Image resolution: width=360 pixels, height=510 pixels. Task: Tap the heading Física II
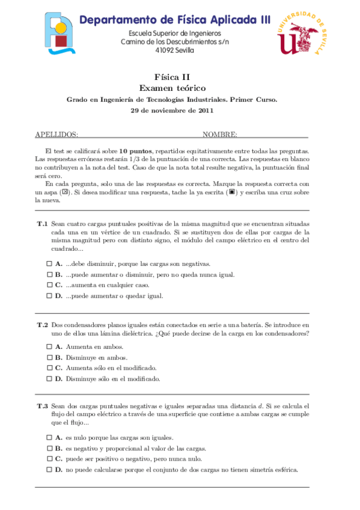[x=172, y=76]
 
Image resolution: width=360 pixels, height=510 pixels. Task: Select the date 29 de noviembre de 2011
[x=172, y=111]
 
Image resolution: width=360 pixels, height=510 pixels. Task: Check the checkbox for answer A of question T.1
[x=49, y=264]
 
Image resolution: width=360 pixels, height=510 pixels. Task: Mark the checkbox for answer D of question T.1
[x=49, y=296]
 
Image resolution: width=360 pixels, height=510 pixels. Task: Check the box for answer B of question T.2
[x=49, y=357]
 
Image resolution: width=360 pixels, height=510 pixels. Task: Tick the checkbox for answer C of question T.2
[x=49, y=368]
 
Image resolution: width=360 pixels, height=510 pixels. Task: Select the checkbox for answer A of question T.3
[x=49, y=438]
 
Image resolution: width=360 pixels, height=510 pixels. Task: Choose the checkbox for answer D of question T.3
[x=49, y=470]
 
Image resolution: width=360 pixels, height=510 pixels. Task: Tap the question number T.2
[x=42, y=325]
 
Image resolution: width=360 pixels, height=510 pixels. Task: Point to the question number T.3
[x=42, y=407]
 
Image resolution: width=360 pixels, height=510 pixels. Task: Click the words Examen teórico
[x=172, y=88]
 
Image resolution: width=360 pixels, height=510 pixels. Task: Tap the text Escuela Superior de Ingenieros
[x=175, y=33]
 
